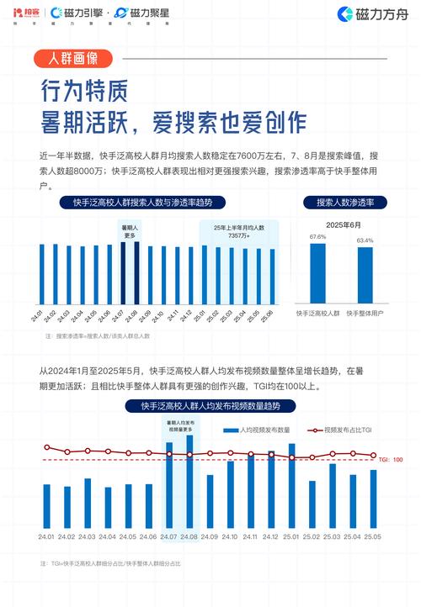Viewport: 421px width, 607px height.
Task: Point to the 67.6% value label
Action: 317,237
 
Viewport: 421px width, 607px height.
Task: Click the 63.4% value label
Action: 365,240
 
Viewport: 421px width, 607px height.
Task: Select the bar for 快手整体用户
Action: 365,274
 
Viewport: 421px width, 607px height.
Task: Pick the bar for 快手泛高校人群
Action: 317,272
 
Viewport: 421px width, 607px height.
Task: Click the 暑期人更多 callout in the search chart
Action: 131,231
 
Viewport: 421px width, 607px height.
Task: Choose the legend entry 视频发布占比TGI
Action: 344,430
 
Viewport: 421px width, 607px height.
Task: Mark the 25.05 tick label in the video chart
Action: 373,536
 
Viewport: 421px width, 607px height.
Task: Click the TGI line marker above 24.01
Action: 47,447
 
